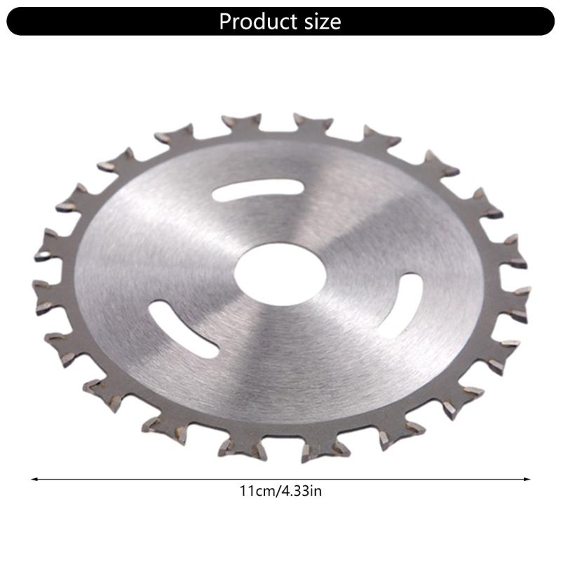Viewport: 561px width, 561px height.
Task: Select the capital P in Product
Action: [x=226, y=21]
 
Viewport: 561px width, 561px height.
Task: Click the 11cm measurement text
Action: [x=254, y=492]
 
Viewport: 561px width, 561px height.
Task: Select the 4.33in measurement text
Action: [x=301, y=492]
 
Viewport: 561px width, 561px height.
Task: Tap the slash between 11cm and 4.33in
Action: [x=276, y=492]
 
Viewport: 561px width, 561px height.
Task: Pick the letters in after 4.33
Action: [x=317, y=492]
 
